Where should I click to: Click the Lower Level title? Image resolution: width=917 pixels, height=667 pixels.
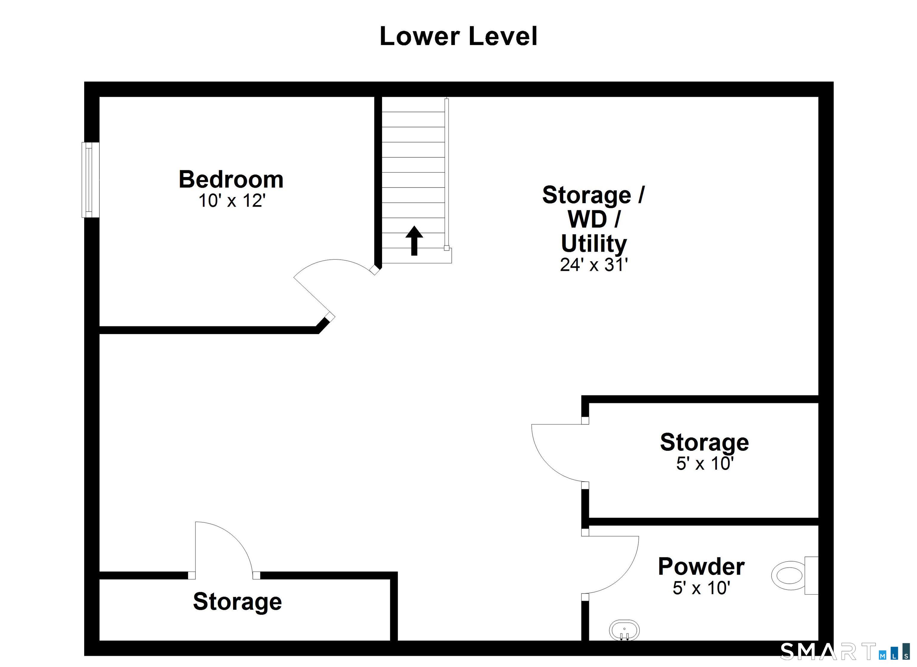458,36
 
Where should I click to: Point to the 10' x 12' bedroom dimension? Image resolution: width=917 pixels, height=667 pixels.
231,201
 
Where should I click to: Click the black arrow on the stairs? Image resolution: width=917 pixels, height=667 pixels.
414,240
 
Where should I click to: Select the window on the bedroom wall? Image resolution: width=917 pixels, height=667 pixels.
90,180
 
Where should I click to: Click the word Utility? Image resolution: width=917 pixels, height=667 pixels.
593,244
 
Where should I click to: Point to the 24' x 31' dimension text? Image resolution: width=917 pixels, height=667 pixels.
593,265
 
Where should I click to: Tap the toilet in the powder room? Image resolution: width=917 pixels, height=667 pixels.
795,576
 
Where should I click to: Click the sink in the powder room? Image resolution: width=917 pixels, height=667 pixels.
624,631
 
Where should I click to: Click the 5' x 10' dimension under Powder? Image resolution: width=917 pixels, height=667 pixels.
701,588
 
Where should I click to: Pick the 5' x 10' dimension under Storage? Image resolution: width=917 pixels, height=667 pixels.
705,464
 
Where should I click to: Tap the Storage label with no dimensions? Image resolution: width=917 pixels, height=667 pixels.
237,602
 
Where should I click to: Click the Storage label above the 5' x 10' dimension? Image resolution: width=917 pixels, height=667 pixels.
704,442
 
